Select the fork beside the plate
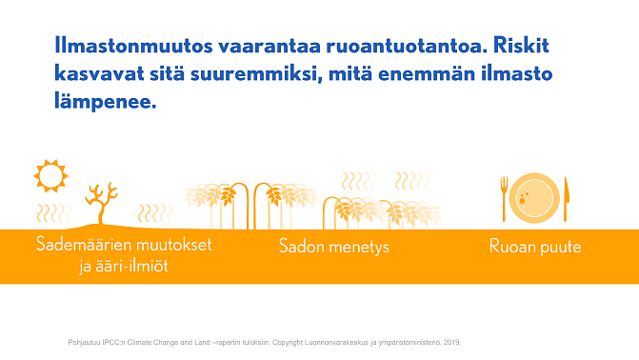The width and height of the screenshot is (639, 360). [x=505, y=197]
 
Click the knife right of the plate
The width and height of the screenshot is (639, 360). [x=566, y=198]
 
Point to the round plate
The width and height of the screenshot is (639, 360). [x=534, y=198]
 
